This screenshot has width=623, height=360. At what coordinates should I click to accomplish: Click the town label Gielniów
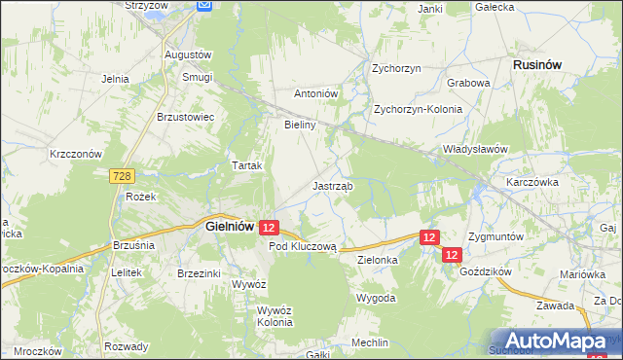coord(231,226)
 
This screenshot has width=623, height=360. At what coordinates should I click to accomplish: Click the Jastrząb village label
coord(333,185)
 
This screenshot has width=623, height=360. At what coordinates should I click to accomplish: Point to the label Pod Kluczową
coord(302,247)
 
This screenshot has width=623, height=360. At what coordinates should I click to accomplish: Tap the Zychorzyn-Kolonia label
coord(419,110)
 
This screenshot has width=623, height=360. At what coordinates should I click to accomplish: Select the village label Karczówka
coord(531,182)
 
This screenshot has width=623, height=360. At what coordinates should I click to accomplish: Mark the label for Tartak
coord(247,165)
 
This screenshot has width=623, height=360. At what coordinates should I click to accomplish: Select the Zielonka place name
coord(379,261)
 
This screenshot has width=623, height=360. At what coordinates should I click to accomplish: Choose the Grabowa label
coord(468,83)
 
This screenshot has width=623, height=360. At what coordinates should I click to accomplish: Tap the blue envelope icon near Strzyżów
coord(204,5)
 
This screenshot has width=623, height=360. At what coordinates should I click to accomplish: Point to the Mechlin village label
coord(371,342)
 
